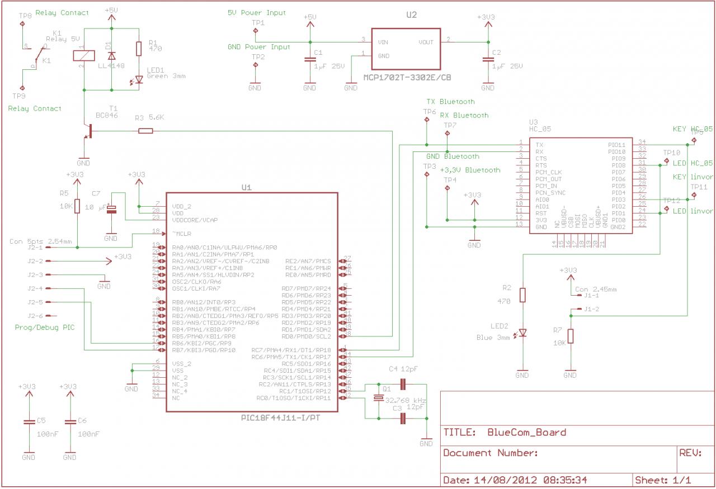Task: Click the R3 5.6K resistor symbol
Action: tap(145, 131)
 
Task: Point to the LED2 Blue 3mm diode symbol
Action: tap(522, 333)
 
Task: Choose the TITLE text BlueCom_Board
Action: tap(526, 432)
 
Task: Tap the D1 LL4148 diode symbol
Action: tap(111, 55)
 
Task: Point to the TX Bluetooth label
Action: tap(450, 102)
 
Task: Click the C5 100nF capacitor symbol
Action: tap(28, 422)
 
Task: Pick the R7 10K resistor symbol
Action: tap(570, 336)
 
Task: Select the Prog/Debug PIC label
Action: tap(45, 327)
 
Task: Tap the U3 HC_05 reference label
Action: tap(540, 125)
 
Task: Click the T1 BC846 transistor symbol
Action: tap(87, 131)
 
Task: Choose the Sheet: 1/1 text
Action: tap(663, 480)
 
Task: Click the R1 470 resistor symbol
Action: tap(139, 49)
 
